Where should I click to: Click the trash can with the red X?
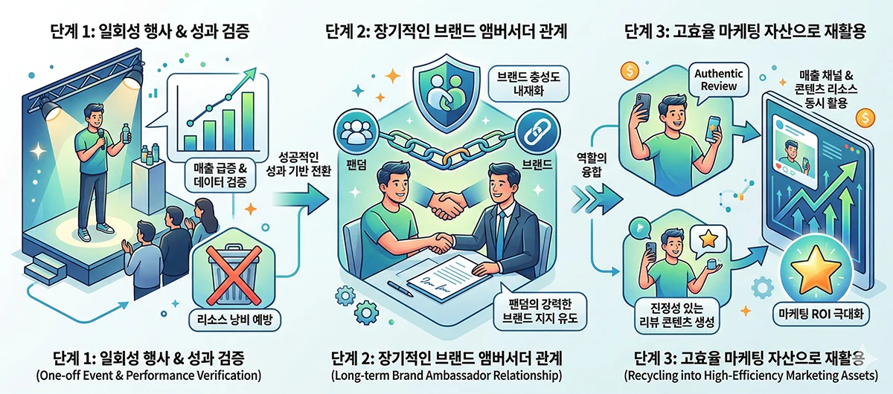232,274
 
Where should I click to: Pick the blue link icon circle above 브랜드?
531,130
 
